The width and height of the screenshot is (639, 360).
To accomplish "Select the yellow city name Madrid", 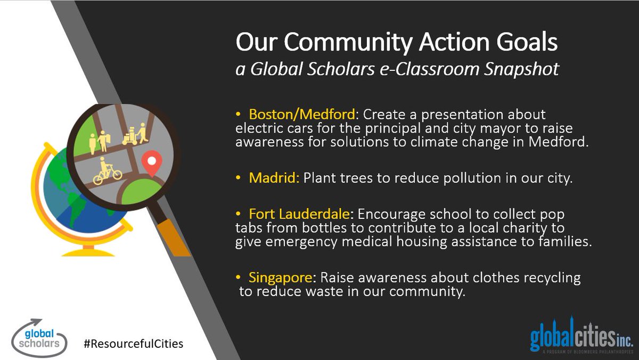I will click(274, 178).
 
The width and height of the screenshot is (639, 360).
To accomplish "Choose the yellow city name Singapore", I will click(280, 278).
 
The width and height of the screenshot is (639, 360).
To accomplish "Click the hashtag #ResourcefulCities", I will click(133, 343).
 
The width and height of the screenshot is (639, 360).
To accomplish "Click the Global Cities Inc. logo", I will click(581, 336).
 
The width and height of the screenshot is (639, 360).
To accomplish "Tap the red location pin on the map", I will click(152, 162).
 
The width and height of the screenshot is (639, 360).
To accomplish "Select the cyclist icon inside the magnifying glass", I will click(107, 171).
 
